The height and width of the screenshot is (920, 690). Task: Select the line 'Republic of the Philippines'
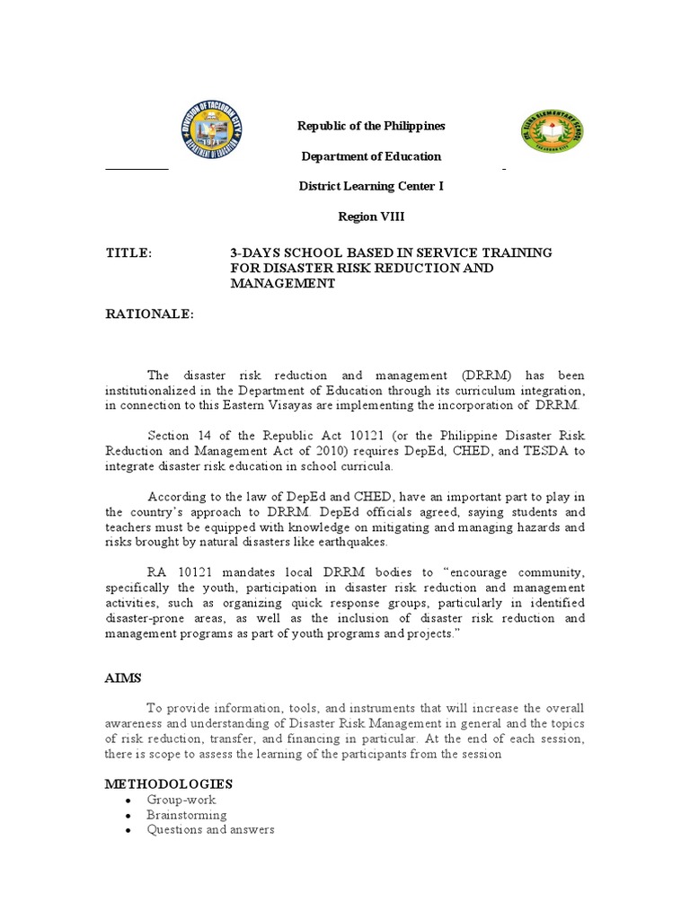(x=371, y=126)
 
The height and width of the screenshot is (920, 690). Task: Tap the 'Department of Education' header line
(x=371, y=156)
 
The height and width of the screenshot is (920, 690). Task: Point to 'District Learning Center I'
(x=371, y=186)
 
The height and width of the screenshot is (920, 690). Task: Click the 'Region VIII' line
(x=371, y=217)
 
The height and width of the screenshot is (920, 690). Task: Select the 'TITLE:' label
(x=129, y=253)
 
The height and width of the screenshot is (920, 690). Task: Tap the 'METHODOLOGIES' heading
(x=169, y=784)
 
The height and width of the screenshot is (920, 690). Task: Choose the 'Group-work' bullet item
(x=182, y=800)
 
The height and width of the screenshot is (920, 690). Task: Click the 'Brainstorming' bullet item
(x=188, y=815)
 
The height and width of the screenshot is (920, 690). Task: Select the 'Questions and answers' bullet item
(x=211, y=829)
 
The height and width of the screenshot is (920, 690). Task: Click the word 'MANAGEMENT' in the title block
(x=282, y=283)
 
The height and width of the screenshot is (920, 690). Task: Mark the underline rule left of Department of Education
(x=137, y=168)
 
